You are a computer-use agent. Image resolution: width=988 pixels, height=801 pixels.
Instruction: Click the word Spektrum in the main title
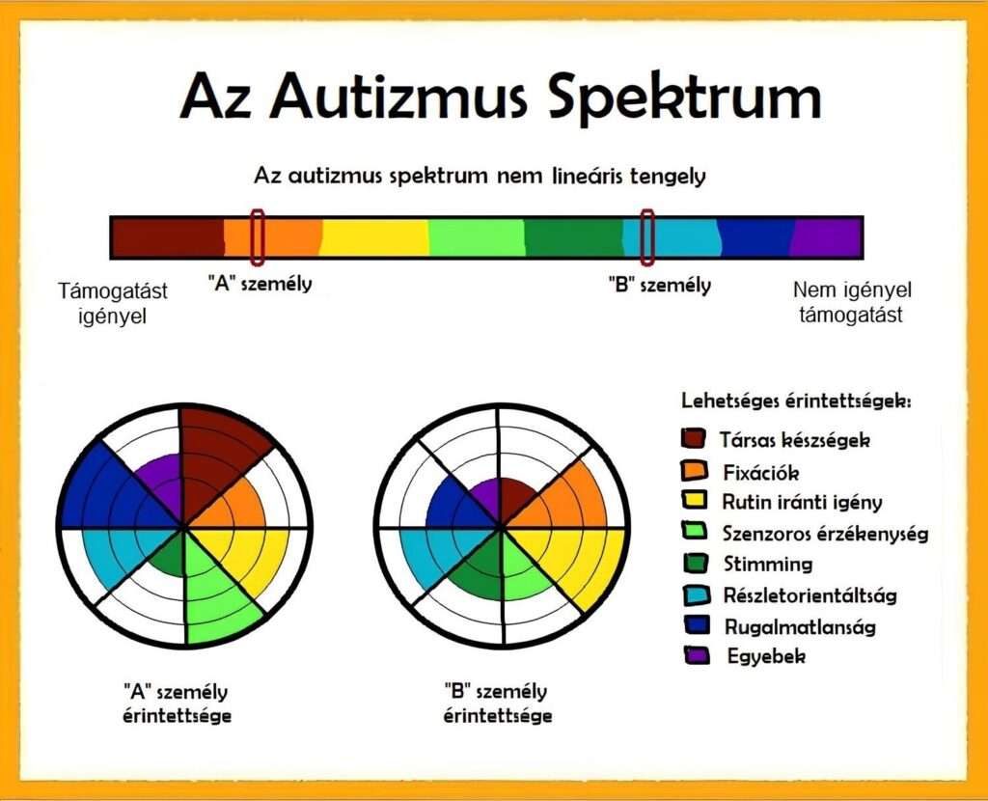pyautogui.click(x=685, y=99)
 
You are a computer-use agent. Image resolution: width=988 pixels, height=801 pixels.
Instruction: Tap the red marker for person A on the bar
pyautogui.click(x=257, y=237)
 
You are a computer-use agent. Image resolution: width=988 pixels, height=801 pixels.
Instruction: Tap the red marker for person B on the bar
pyautogui.click(x=647, y=237)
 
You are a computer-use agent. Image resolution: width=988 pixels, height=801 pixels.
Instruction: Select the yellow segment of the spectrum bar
pyautogui.click(x=375, y=237)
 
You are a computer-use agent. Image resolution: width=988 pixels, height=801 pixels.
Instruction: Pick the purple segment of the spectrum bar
pyautogui.click(x=826, y=237)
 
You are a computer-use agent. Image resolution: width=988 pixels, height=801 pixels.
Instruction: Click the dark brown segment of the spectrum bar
pyautogui.click(x=168, y=237)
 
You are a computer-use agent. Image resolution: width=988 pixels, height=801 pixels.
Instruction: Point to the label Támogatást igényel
pyautogui.click(x=112, y=303)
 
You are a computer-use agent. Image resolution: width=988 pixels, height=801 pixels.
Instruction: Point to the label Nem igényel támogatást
pyautogui.click(x=852, y=302)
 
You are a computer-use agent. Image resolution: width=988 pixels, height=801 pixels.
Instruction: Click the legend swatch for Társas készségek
pyautogui.click(x=693, y=438)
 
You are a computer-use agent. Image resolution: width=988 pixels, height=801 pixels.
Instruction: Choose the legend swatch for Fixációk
pyautogui.click(x=695, y=470)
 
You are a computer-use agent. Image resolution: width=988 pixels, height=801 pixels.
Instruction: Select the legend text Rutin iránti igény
pyautogui.click(x=802, y=502)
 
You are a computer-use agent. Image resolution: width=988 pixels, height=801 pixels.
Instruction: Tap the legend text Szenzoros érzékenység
pyautogui.click(x=826, y=533)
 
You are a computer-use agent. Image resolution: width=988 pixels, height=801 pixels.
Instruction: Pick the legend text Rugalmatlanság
pyautogui.click(x=800, y=626)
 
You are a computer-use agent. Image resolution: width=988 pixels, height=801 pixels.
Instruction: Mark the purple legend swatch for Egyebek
pyautogui.click(x=697, y=655)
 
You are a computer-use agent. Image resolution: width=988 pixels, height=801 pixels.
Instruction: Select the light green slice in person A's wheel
pyautogui.click(x=215, y=586)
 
